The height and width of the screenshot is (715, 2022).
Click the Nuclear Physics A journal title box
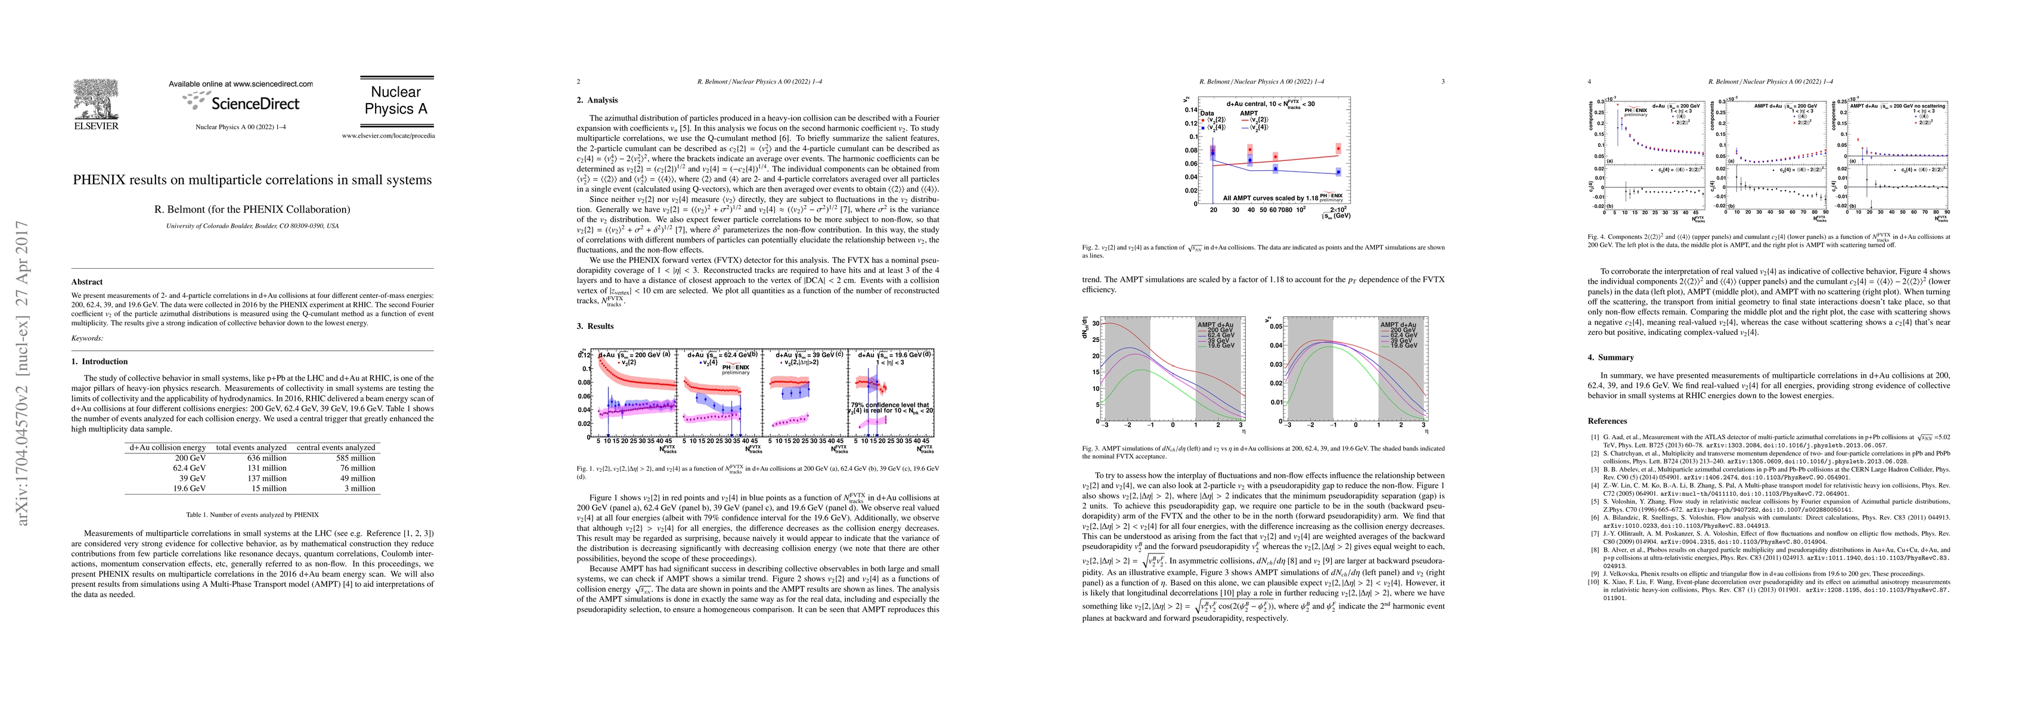pos(396,101)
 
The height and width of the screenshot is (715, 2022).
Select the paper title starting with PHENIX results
pos(252,180)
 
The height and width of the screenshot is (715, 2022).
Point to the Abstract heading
pos(87,282)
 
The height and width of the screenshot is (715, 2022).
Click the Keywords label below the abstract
pos(87,338)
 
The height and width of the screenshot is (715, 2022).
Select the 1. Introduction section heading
pos(100,362)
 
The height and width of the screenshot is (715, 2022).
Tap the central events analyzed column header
pos(336,447)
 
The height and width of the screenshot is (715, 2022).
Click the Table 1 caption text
pos(252,515)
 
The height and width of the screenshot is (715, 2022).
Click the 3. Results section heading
pos(595,327)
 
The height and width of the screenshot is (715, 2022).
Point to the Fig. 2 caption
pos(1262,251)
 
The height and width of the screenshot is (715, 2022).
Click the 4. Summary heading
pos(1610,357)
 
